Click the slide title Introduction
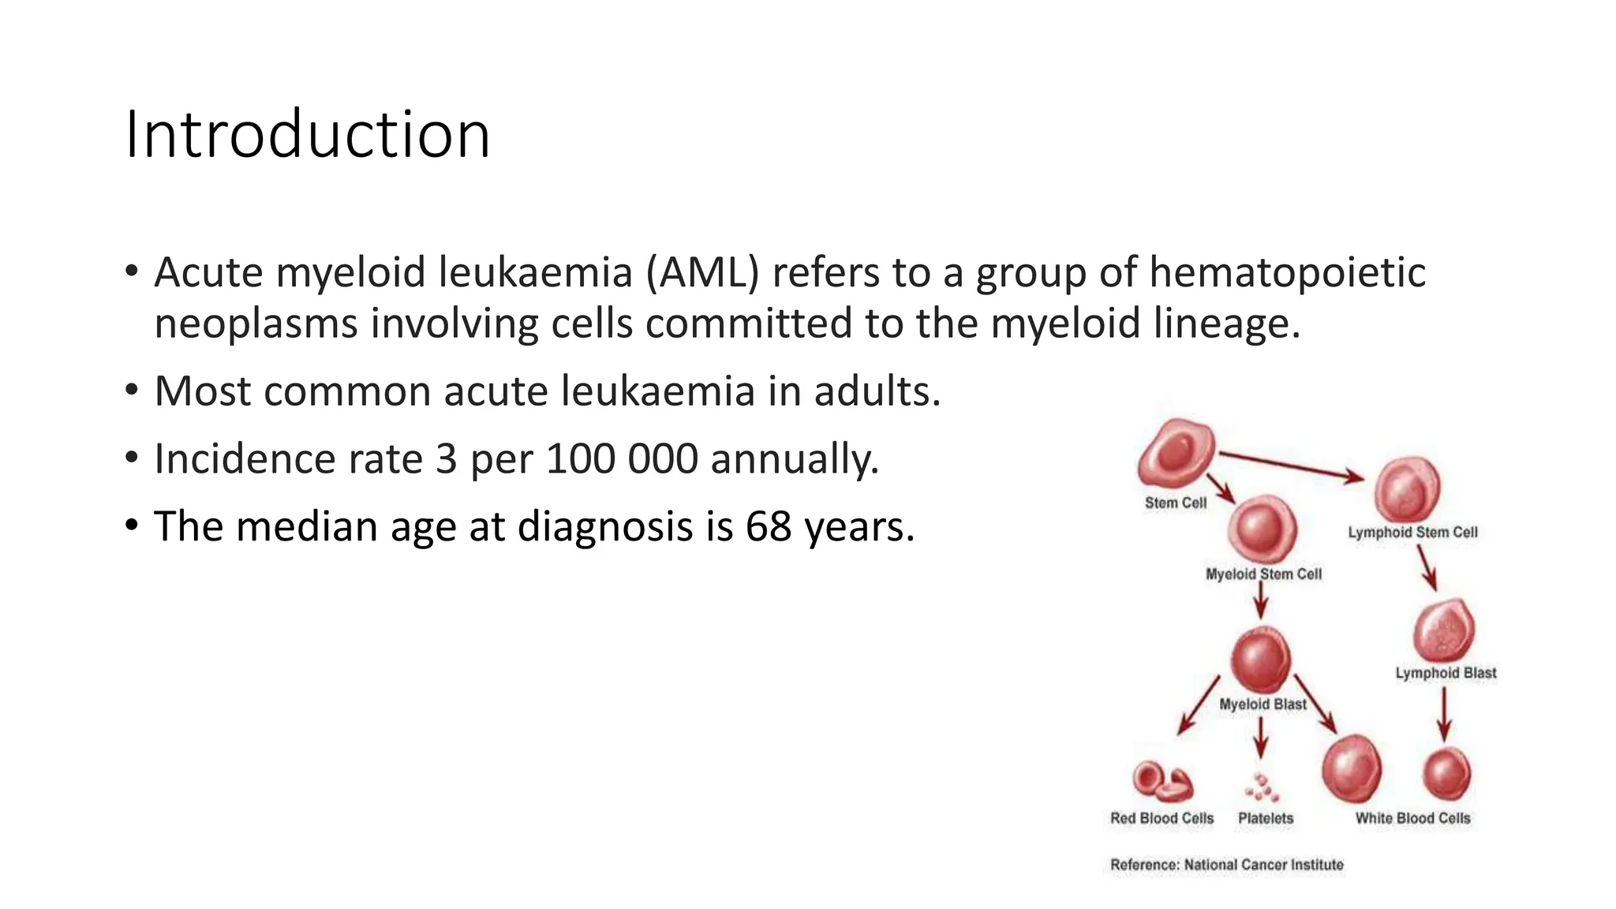tap(308, 135)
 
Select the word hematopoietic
tap(1287, 273)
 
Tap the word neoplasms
tap(256, 324)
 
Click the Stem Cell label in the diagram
tap(1176, 503)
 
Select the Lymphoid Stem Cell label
tap(1412, 533)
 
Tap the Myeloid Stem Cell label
tap(1263, 574)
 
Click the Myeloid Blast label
tap(1262, 704)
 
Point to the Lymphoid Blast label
tap(1446, 673)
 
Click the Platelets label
tap(1266, 818)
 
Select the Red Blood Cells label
tap(1161, 818)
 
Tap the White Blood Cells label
tap(1412, 818)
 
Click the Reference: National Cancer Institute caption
tap(1226, 865)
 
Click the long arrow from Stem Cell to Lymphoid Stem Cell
tap(1290, 465)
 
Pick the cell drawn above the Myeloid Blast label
tap(1261, 660)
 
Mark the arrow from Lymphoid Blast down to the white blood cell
tap(1445, 714)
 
